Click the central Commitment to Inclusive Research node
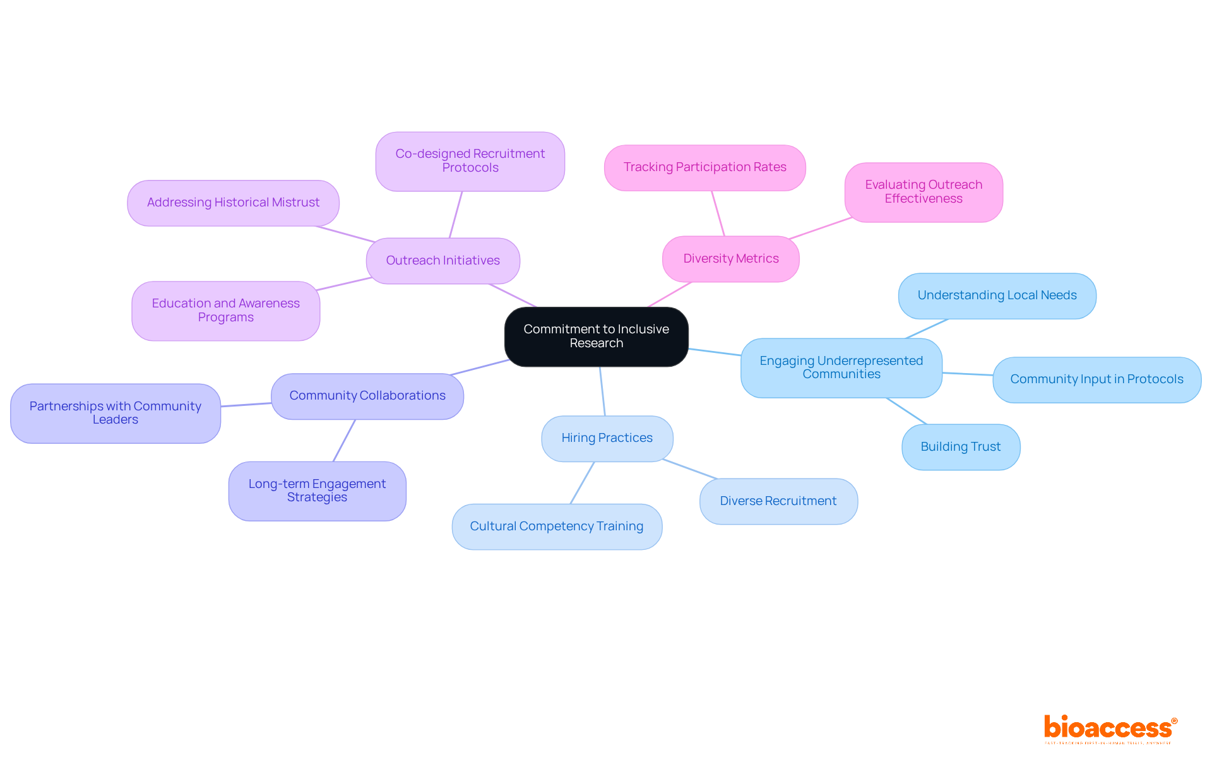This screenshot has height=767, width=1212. pos(596,336)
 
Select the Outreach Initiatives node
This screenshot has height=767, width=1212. pos(443,261)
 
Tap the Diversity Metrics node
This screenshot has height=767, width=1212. pos(730,259)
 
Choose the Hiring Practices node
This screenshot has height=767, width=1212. pos(607,438)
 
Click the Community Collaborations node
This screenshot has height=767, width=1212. pos(367,396)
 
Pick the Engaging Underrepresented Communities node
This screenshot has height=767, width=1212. pos(841,367)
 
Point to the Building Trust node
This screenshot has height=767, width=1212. pos(960,447)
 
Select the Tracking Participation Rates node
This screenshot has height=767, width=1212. pos(704,167)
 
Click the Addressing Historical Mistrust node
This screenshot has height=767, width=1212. pos(233,203)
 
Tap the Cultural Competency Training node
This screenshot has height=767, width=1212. pos(556,526)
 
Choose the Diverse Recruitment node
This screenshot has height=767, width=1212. pos(778,501)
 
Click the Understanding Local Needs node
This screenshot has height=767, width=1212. pos(997,295)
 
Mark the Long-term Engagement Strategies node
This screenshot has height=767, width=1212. pos(317,491)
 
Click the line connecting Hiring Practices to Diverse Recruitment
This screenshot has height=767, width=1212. pos(689,469)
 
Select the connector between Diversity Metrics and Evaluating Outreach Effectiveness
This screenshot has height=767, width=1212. pos(821,228)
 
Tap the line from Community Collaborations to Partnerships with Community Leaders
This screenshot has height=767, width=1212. pos(246,405)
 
